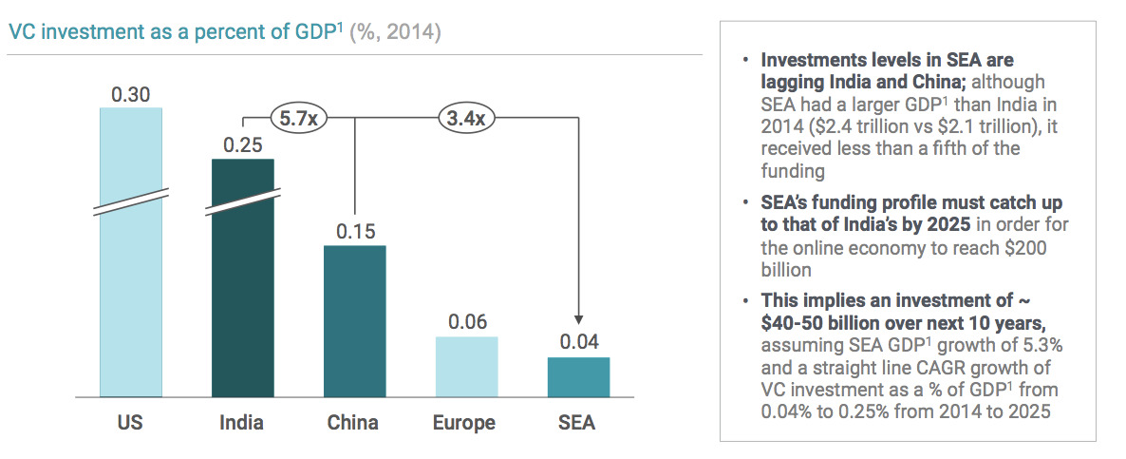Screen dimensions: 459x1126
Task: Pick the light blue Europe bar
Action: (466, 366)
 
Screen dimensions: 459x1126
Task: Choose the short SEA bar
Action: (578, 376)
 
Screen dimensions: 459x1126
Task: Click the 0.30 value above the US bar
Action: (131, 95)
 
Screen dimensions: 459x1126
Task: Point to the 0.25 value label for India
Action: (243, 145)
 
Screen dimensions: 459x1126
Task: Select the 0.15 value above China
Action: (355, 231)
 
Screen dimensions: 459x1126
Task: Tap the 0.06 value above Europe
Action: (466, 321)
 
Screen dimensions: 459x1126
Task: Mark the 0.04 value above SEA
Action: (578, 342)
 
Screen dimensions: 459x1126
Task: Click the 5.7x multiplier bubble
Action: (298, 119)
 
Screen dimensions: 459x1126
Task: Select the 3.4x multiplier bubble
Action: (466, 119)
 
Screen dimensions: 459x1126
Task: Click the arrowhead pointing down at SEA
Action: (578, 321)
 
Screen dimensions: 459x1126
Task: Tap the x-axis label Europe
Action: (466, 422)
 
